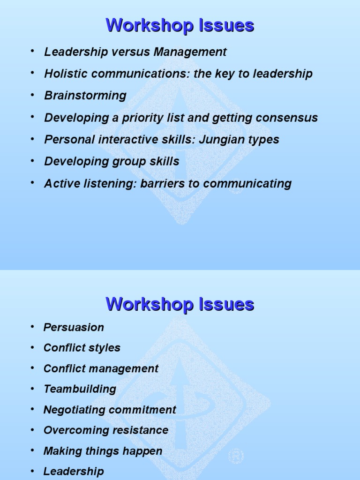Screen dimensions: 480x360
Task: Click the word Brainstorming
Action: [x=85, y=96]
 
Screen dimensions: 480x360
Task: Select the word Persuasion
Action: [x=74, y=327]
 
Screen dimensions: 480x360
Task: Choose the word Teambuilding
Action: [x=80, y=389]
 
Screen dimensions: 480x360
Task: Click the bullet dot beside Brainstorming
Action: [x=32, y=95]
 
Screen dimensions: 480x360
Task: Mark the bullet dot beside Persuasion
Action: [x=32, y=326]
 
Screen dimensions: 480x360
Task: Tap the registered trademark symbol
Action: [x=235, y=456]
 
